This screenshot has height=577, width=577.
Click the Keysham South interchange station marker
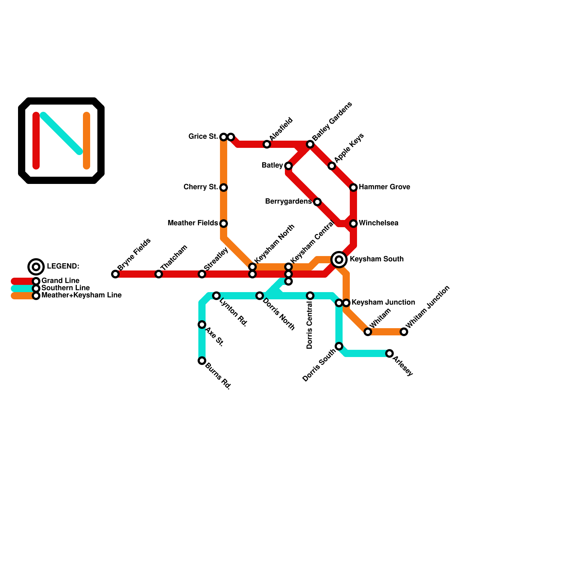tap(339, 260)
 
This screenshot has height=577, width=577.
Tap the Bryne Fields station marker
tap(115, 274)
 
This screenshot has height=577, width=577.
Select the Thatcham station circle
tap(159, 274)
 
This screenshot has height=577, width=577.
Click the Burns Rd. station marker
tap(202, 361)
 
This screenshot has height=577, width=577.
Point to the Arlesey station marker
tap(389, 353)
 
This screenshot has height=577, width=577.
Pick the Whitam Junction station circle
tap(404, 332)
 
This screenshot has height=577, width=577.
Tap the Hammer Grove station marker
tap(353, 188)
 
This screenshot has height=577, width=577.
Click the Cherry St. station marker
tap(224, 188)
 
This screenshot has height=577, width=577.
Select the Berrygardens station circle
tap(317, 202)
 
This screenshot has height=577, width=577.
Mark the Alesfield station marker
tap(267, 144)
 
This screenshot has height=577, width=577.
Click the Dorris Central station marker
tap(310, 296)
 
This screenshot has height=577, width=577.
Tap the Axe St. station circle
tap(202, 325)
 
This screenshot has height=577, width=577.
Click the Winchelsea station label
tap(379, 223)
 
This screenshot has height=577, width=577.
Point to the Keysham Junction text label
tap(383, 303)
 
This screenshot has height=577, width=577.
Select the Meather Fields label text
tap(193, 223)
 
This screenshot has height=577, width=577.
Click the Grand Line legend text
tap(60, 281)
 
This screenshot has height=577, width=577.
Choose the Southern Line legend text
tap(65, 288)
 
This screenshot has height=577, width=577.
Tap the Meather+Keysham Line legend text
tap(82, 295)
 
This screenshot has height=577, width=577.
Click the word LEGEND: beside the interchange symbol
tap(63, 267)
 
